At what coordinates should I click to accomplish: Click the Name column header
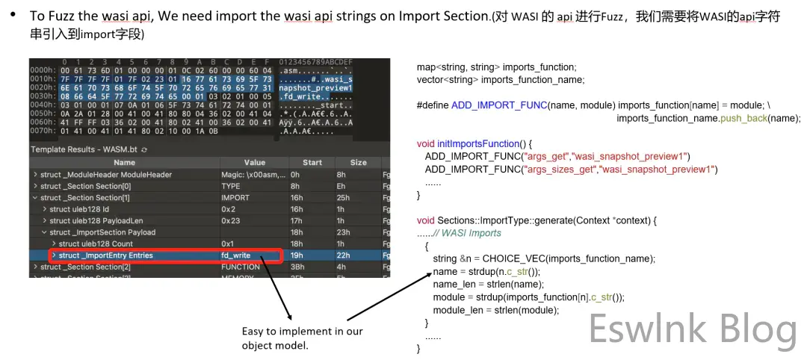(x=124, y=163)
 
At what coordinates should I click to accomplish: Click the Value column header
(x=254, y=163)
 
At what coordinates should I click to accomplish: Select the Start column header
(x=312, y=163)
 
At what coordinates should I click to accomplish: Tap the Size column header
(x=359, y=163)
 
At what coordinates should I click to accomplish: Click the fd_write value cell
(x=235, y=255)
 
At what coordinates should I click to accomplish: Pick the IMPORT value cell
(x=235, y=198)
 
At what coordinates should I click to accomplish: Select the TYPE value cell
(x=231, y=186)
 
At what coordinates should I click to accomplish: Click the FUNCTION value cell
(x=241, y=267)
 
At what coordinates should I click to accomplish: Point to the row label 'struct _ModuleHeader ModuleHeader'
(x=106, y=175)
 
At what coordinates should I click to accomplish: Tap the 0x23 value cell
(x=229, y=221)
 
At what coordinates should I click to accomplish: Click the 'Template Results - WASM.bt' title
(x=83, y=149)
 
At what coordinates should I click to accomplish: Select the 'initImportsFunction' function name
(x=486, y=143)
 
